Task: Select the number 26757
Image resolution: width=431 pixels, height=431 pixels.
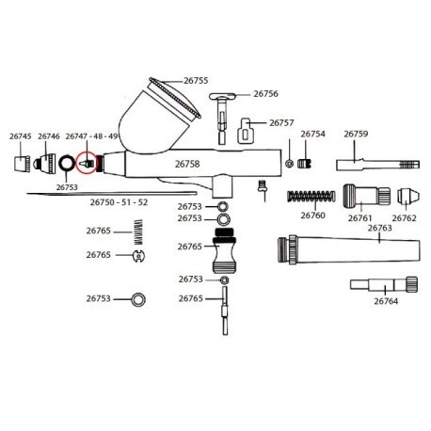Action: point(281,122)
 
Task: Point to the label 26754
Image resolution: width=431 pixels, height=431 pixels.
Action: point(312,135)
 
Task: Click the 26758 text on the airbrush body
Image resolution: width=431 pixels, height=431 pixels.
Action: point(188,163)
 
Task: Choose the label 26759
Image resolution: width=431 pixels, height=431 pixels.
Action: point(355,135)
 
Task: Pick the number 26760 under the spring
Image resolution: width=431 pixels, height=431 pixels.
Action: point(312,215)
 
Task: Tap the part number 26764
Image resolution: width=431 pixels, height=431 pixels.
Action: point(386,301)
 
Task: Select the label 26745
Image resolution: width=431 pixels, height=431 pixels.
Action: point(21,136)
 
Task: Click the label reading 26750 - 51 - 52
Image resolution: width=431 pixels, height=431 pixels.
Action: point(119,201)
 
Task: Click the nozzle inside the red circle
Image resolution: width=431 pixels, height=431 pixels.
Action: point(87,162)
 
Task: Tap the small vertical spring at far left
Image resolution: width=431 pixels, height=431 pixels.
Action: point(137,230)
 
